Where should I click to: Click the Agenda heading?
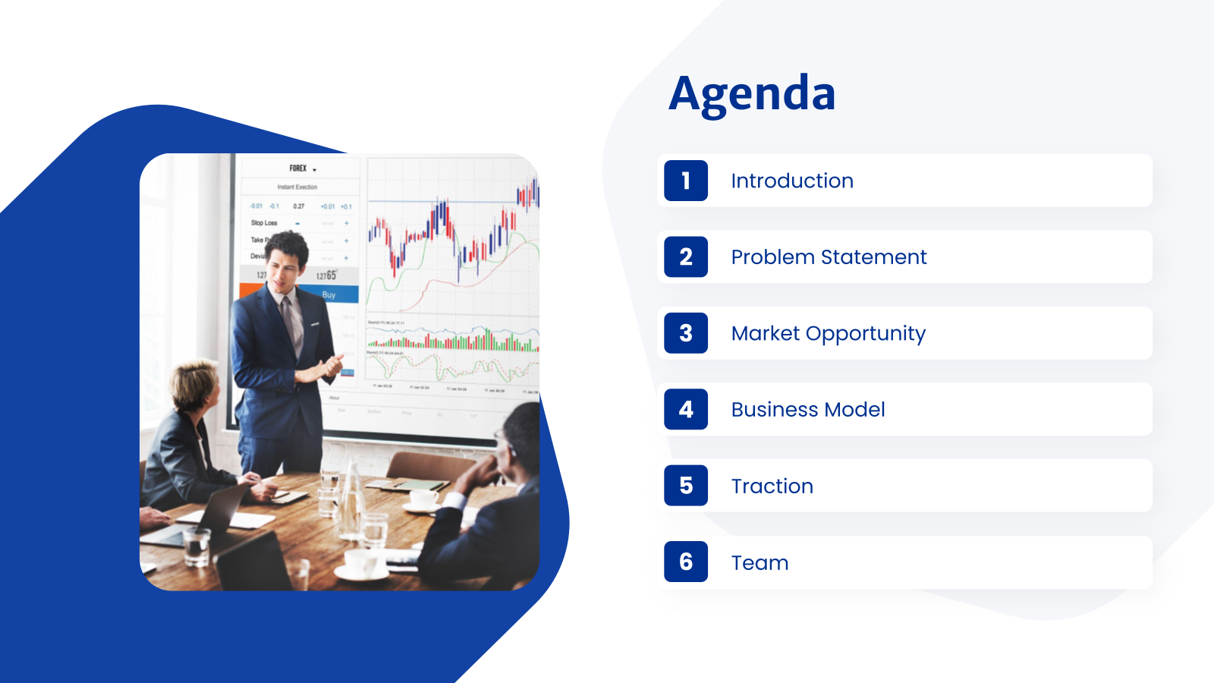pyautogui.click(x=752, y=94)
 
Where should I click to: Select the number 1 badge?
pyautogui.click(x=686, y=181)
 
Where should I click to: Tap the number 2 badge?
pyautogui.click(x=686, y=257)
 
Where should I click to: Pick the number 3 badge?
pyautogui.click(x=686, y=333)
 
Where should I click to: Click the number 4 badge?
pyautogui.click(x=686, y=409)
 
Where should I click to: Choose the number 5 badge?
pyautogui.click(x=686, y=486)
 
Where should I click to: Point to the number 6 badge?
pyautogui.click(x=686, y=562)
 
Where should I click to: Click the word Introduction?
pyautogui.click(x=792, y=181)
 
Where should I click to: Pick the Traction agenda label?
pyautogui.click(x=772, y=486)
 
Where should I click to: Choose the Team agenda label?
pyautogui.click(x=760, y=562)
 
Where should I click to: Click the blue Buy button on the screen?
pyautogui.click(x=329, y=294)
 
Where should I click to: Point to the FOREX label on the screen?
pyautogui.click(x=298, y=168)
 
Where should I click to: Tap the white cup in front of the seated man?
pyautogui.click(x=423, y=499)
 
